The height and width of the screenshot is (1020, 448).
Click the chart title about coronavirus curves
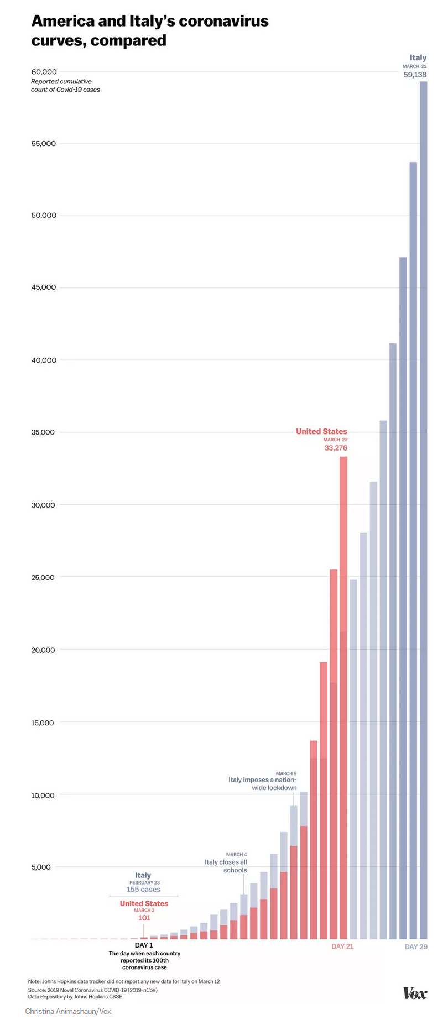point(150,30)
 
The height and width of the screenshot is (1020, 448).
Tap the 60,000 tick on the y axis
point(44,72)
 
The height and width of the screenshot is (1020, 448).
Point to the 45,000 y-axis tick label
point(44,287)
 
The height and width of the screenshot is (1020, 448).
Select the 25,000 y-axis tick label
point(44,577)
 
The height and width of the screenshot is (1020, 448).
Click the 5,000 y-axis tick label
point(41,867)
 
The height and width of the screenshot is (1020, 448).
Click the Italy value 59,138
point(415,75)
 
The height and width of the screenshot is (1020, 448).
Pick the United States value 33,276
point(336,448)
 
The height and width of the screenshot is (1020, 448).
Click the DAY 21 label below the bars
point(342,946)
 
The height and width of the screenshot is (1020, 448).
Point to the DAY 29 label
point(416,947)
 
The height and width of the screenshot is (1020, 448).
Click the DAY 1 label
point(144,945)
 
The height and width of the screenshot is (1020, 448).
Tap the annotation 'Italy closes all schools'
point(226,866)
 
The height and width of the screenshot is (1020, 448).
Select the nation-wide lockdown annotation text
point(263,783)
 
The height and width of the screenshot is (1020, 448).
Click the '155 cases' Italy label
point(143,890)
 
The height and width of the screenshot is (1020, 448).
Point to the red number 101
point(144,918)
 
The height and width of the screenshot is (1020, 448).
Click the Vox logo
point(415,993)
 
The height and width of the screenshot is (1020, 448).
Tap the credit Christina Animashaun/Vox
point(68,1011)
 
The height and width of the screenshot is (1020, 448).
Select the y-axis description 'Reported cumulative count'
point(65,85)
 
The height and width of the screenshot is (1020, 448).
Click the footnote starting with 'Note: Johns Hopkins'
point(124,981)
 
